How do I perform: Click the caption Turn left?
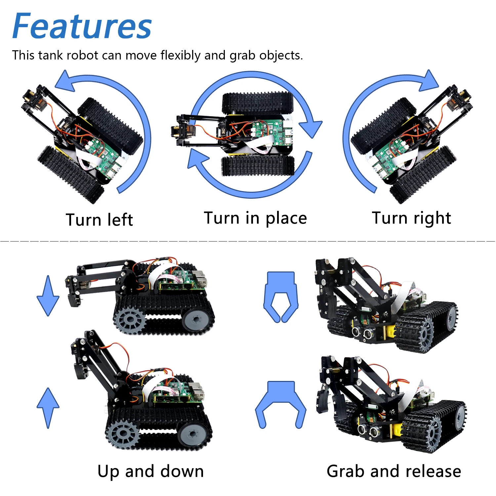(x=99, y=220)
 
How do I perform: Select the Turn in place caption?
(x=255, y=219)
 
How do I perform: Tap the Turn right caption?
(x=411, y=219)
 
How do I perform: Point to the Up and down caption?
(x=150, y=472)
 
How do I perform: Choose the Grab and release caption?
(x=394, y=471)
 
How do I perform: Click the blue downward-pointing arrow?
(x=48, y=295)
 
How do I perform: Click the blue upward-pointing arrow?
(x=48, y=408)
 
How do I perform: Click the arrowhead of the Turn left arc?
(x=66, y=81)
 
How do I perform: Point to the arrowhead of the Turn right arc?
(x=428, y=81)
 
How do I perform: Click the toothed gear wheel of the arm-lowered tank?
(x=129, y=320)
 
